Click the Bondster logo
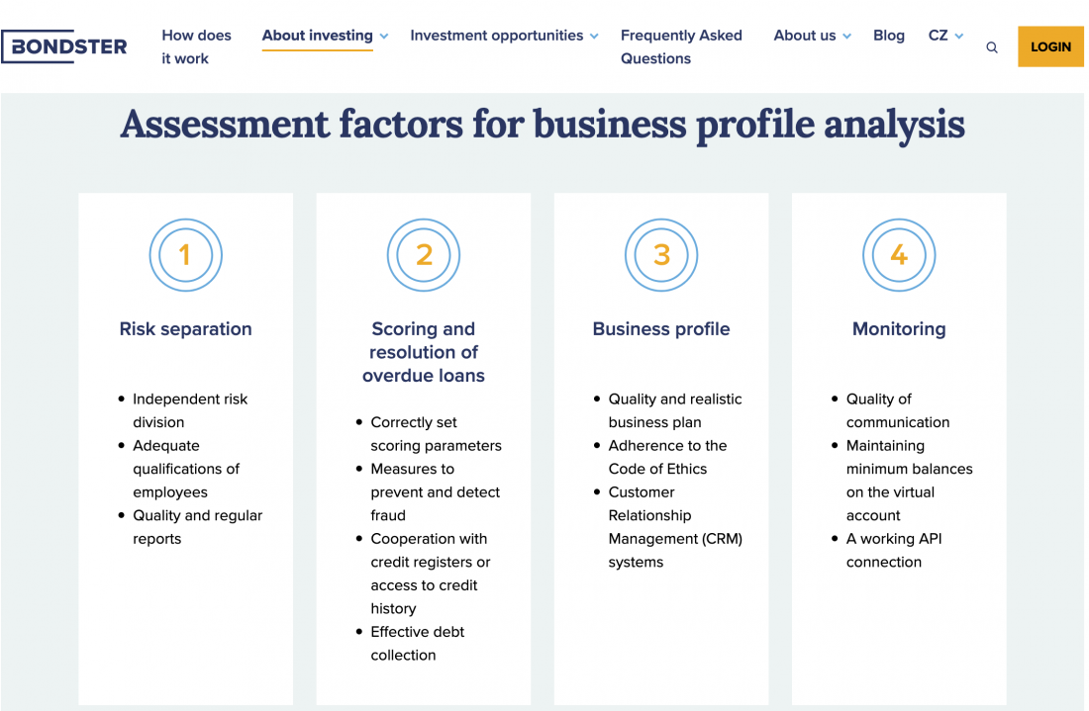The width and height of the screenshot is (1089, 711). pyautogui.click(x=64, y=46)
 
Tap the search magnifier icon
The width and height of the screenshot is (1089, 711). pyautogui.click(x=992, y=47)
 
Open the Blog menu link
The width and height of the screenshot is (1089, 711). pyautogui.click(x=889, y=36)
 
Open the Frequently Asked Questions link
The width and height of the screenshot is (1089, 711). pyautogui.click(x=681, y=46)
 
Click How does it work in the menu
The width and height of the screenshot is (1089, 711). pyautogui.click(x=197, y=46)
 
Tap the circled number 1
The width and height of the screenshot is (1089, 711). pyautogui.click(x=186, y=255)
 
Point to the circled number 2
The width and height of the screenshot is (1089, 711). pyautogui.click(x=424, y=255)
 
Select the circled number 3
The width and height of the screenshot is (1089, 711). pyautogui.click(x=661, y=255)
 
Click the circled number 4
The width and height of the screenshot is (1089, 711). pyautogui.click(x=899, y=255)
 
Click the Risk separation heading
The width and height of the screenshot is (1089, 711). pyautogui.click(x=185, y=328)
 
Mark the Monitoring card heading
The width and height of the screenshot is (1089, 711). pyautogui.click(x=899, y=328)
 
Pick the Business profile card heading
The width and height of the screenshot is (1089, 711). pyautogui.click(x=661, y=328)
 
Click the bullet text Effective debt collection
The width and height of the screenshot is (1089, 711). pyautogui.click(x=418, y=643)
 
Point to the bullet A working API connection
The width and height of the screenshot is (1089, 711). pyautogui.click(x=894, y=550)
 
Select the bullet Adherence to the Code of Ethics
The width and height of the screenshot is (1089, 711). pyautogui.click(x=667, y=457)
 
